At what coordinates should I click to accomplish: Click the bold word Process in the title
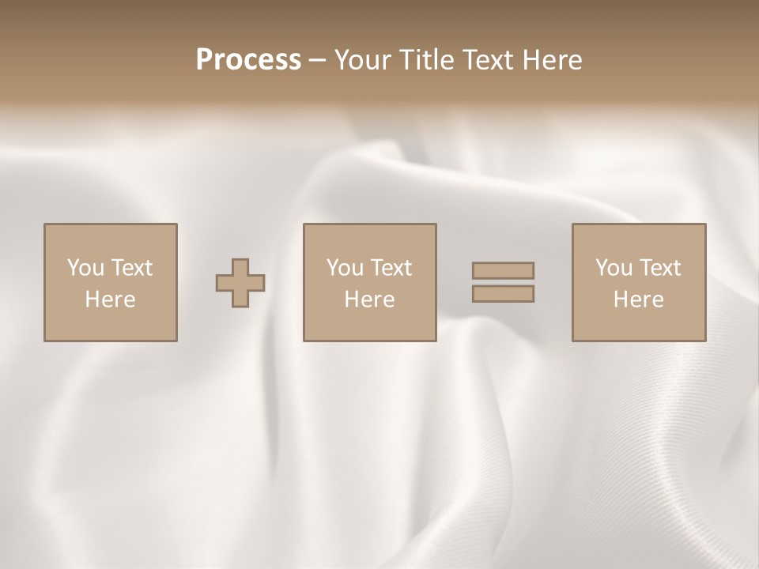coord(248,60)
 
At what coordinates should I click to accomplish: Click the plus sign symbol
coord(240,282)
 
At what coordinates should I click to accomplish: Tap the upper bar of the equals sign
coord(503,270)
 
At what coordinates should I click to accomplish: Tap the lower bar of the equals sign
coord(503,293)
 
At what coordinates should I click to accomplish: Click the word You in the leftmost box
coord(85,268)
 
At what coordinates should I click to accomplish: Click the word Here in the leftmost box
coord(110,300)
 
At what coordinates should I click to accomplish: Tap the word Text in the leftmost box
coord(131,268)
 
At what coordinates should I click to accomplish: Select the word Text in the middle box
coord(391,268)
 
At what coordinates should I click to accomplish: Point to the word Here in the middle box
coord(369,300)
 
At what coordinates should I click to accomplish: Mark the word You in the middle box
coord(345,268)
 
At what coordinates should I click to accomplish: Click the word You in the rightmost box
coord(614,268)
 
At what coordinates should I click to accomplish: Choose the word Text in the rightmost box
coord(659,268)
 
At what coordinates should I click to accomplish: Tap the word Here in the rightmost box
coord(638,300)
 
